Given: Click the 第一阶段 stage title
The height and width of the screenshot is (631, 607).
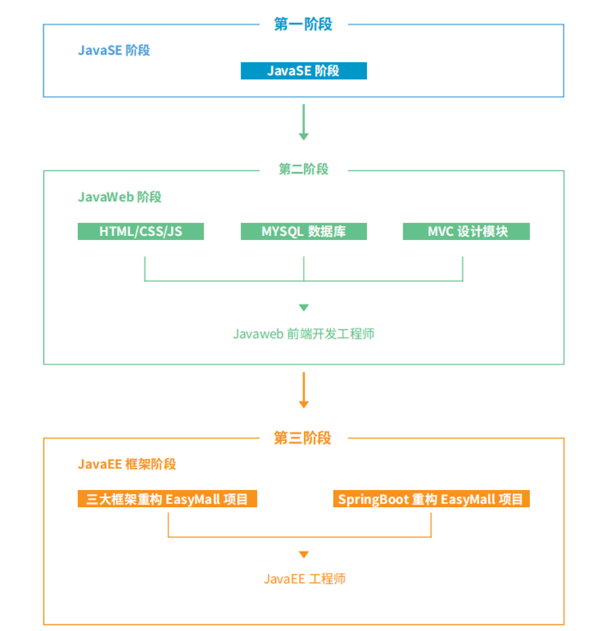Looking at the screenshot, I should point(303,24).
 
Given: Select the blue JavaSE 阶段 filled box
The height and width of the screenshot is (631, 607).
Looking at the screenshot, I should point(303,71).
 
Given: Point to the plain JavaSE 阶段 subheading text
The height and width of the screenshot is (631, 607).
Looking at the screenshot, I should point(114,51).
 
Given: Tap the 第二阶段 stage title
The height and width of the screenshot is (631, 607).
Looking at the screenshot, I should point(303,169).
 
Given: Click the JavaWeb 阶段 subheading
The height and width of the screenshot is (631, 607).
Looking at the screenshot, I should point(119,197).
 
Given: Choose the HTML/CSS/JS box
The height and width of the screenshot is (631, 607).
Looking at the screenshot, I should point(141,231).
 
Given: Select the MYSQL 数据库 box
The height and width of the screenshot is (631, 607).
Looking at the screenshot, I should point(303,231).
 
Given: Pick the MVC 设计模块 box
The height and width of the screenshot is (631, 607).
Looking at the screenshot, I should point(467,231).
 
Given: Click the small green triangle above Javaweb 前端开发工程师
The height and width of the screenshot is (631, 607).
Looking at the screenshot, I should point(303,308).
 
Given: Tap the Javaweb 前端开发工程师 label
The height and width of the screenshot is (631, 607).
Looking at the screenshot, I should point(303,334).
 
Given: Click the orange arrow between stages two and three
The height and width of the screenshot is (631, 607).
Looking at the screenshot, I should point(303,391).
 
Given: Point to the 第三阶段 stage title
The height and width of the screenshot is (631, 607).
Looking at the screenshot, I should point(303,438).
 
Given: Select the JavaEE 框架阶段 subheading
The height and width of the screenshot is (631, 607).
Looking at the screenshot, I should point(127,464).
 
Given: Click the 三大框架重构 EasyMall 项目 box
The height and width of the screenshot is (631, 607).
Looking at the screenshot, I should point(167,499).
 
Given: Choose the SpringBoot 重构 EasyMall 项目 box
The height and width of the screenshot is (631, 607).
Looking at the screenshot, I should point(431,499).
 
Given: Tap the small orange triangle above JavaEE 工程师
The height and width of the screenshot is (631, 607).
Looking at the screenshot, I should point(303,555).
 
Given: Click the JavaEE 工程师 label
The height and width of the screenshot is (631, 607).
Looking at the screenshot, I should point(304,579).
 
